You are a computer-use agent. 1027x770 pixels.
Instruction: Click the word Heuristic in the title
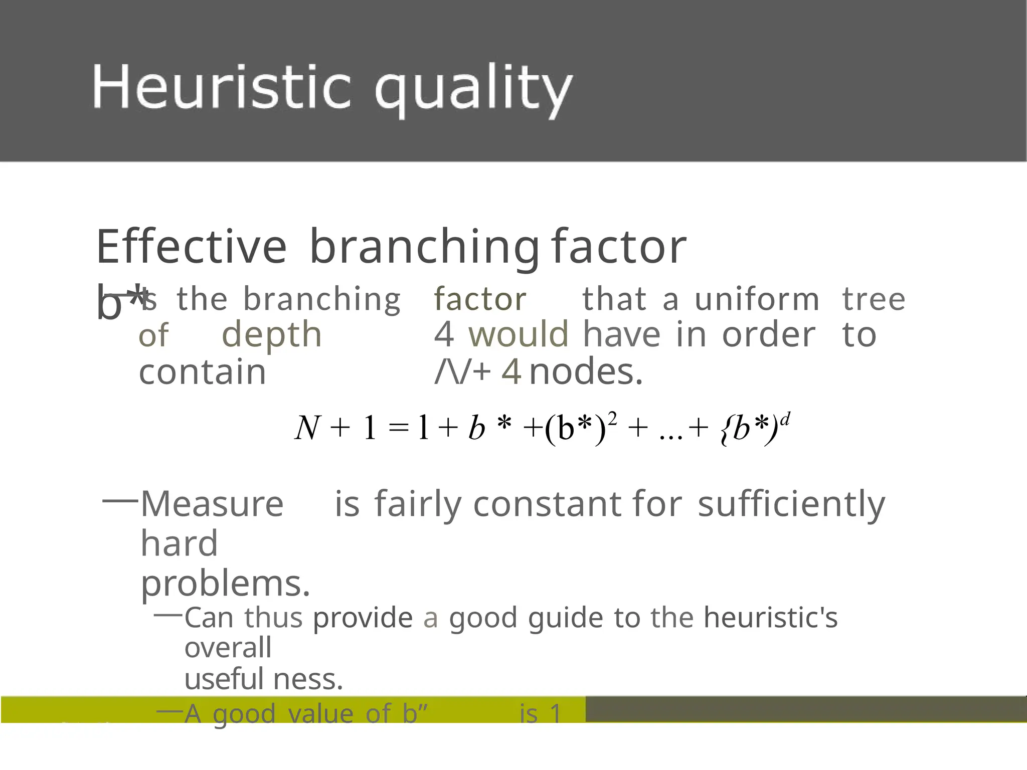pyautogui.click(x=221, y=86)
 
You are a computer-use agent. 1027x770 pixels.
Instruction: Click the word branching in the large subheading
pyautogui.click(x=424, y=248)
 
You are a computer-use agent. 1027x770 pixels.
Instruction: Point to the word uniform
pyautogui.click(x=757, y=299)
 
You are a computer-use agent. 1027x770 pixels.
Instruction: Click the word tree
pyautogui.click(x=874, y=299)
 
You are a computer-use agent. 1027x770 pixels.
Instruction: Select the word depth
pyautogui.click(x=271, y=335)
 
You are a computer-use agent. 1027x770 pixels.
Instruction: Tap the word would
pyautogui.click(x=519, y=334)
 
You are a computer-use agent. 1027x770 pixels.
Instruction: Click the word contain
pyautogui.click(x=202, y=372)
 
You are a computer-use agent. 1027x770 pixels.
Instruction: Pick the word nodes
pyautogui.click(x=586, y=372)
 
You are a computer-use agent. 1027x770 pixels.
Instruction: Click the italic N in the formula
pyautogui.click(x=307, y=428)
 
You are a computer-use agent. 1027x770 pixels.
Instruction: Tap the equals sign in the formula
pyautogui.click(x=399, y=428)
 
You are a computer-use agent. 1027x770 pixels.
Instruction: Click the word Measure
pyautogui.click(x=212, y=504)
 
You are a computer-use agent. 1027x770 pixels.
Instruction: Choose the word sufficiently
pyautogui.click(x=791, y=505)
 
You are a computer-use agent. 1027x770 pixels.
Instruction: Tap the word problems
pyautogui.click(x=225, y=585)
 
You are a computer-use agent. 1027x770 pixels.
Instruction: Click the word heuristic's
pyautogui.click(x=770, y=617)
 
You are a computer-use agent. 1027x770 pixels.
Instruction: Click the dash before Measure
pyautogui.click(x=120, y=500)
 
